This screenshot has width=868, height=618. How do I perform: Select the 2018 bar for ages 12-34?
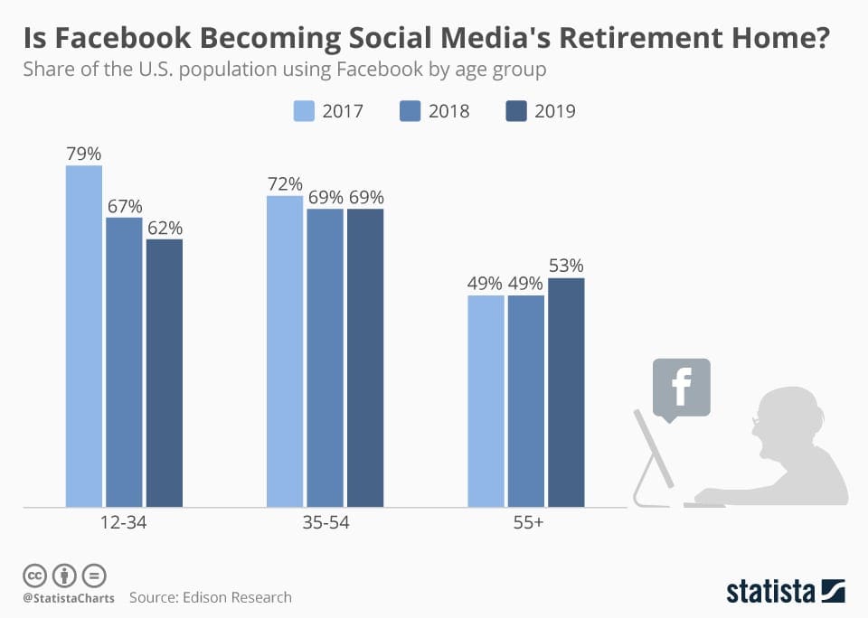tap(124, 361)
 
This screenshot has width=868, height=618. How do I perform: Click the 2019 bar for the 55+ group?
tap(566, 392)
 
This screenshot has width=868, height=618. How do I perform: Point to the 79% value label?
tap(84, 153)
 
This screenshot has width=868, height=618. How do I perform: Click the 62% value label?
tap(165, 227)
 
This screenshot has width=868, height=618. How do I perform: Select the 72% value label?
tap(285, 183)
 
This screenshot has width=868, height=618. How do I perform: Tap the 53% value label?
tap(566, 266)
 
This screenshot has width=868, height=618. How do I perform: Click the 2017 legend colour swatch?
tap(303, 111)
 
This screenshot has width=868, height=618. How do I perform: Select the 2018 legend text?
tap(448, 111)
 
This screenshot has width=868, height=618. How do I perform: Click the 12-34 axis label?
tap(124, 523)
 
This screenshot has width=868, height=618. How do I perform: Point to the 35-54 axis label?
tap(325, 523)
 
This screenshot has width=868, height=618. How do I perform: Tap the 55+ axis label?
tap(526, 523)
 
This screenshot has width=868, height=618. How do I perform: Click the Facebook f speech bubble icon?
tap(681, 387)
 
